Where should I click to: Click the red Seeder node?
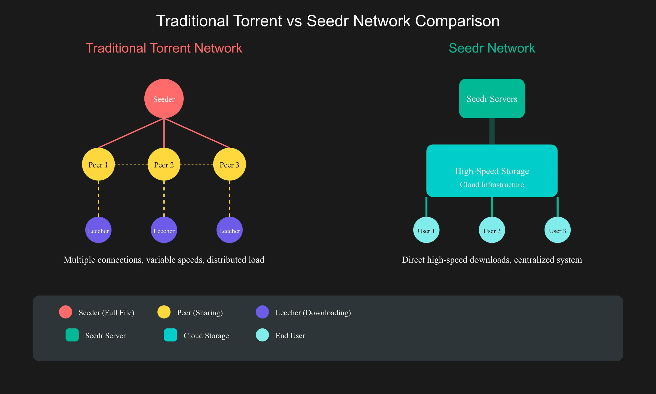coord(164,99)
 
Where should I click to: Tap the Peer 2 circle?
coord(164,164)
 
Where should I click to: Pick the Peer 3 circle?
coord(230,164)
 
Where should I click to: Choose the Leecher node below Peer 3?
coord(230,230)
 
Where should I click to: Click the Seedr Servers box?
coord(492,99)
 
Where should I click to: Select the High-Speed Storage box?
coord(492,171)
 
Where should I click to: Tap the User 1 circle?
coord(426,230)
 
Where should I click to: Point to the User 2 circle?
coord(492,230)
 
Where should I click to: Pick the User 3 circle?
coord(557,230)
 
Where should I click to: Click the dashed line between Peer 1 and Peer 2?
coord(131,164)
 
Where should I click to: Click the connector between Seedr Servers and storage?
coord(492,131)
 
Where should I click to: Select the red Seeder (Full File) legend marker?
coord(65,312)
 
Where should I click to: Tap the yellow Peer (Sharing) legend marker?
coord(164,312)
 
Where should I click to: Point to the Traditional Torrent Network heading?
coord(164,48)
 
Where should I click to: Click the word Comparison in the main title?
coord(457,21)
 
